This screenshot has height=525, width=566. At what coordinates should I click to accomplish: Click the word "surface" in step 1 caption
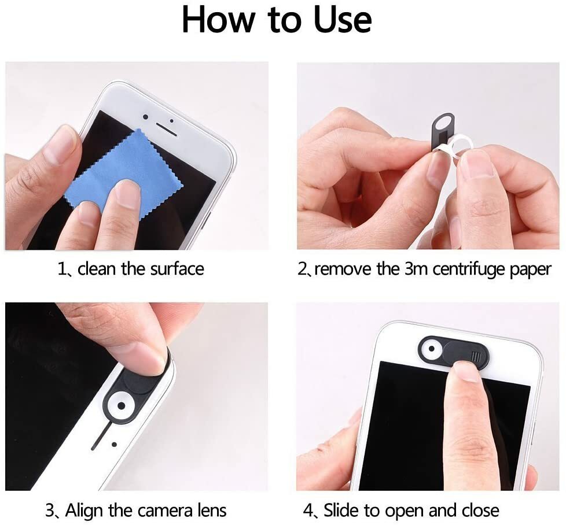(174, 269)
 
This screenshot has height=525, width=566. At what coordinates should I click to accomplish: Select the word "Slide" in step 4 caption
(341, 511)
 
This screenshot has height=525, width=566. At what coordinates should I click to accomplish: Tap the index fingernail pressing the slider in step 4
(467, 371)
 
